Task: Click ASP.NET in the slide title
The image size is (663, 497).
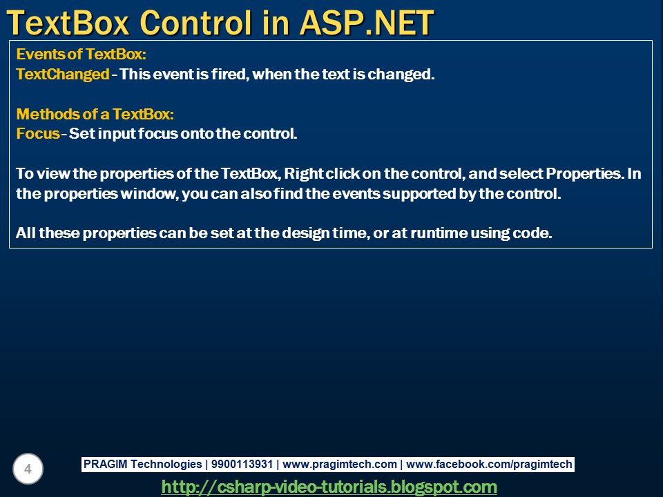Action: pos(366,23)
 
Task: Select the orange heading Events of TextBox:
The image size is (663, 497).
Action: pos(81,55)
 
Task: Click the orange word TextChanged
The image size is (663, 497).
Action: pos(63,75)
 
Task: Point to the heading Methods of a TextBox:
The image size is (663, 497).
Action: pos(95,114)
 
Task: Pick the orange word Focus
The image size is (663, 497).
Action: pos(38,133)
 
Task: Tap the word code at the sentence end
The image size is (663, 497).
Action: pos(534,233)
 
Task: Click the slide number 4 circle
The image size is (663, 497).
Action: pos(28,469)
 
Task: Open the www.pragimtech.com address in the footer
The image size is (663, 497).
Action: pos(340,465)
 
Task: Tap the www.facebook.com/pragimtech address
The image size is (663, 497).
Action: pos(489,465)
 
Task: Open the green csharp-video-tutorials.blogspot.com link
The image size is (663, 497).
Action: pos(329,487)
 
